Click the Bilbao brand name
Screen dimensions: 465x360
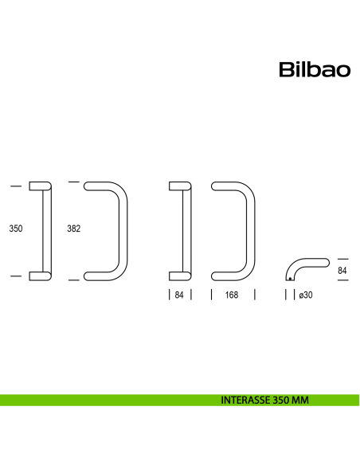pos(315,70)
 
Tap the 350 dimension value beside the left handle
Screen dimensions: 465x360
pos(16,229)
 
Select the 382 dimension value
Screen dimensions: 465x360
pos(73,229)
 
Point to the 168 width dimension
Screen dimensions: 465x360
pos(232,295)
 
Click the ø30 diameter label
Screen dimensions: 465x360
pos(305,295)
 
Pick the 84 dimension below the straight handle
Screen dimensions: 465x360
pos(181,295)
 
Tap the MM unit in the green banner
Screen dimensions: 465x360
pos(299,401)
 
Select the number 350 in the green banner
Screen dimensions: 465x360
pos(280,401)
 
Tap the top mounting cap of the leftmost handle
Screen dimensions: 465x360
pos(40,186)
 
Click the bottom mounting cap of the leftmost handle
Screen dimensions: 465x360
pos(40,275)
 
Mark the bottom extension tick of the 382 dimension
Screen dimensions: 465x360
pos(74,279)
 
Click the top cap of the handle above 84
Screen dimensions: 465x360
pos(181,186)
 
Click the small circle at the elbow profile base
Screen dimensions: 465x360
pos(288,279)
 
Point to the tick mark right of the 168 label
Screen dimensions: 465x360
pos(254,295)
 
